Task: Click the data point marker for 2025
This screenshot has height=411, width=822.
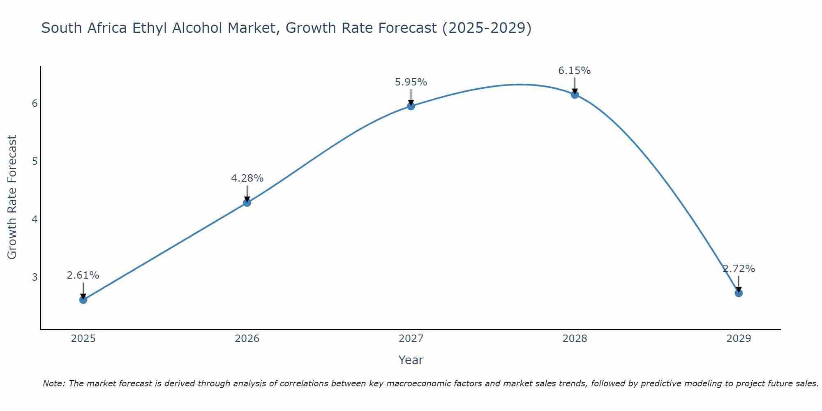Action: pos(83,300)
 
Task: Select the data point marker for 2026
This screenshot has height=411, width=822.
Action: pos(247,203)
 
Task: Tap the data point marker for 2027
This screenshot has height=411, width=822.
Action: pos(411,106)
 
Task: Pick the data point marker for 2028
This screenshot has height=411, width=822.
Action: pos(575,95)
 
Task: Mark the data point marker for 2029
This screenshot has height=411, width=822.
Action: pos(739,293)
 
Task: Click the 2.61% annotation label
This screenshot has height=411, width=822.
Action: pos(83,275)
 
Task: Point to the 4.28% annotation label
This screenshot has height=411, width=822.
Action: pos(247,178)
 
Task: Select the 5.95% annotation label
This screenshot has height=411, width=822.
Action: pos(411,82)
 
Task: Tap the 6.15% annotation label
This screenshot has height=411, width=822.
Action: pos(574,71)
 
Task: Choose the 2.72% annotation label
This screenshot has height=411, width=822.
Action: pos(739,269)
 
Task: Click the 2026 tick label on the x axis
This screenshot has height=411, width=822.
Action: pos(247,339)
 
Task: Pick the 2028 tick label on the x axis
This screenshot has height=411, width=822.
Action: pos(575,339)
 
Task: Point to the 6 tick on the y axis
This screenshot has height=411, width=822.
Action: pos(35,103)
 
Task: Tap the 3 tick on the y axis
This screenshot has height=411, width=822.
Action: pos(35,277)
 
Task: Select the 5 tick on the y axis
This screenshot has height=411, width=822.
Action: pos(35,161)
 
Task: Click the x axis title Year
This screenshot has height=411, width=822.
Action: pos(411,360)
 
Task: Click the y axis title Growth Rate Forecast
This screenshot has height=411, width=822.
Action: pos(12,197)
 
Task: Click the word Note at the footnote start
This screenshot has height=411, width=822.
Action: pos(53,383)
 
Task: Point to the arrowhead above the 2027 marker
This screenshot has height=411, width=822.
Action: pos(411,102)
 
